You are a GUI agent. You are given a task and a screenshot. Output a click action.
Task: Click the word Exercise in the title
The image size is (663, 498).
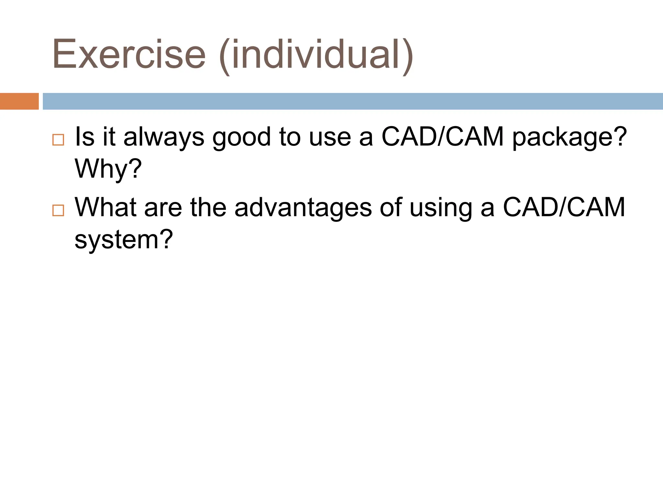click(x=129, y=54)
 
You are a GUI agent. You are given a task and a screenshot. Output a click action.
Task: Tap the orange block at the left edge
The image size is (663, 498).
click(x=19, y=101)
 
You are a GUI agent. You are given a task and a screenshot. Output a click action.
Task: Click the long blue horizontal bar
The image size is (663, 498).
click(x=352, y=101)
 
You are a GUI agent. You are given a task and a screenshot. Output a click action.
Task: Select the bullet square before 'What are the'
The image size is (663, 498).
click(x=58, y=210)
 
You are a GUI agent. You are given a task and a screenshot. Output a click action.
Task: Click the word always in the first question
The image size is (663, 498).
click(x=164, y=137)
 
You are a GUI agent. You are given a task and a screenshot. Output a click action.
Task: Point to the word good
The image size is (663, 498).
click(x=241, y=137)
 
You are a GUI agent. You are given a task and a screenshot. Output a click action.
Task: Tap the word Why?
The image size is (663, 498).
click(x=108, y=169)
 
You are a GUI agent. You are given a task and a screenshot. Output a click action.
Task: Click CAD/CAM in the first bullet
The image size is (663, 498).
click(x=442, y=137)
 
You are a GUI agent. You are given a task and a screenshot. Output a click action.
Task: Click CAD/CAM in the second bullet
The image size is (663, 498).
click(x=564, y=207)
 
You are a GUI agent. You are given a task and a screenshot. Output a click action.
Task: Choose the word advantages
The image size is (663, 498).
click(x=303, y=207)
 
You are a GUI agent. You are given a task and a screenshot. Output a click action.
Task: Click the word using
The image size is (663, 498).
click(x=441, y=207)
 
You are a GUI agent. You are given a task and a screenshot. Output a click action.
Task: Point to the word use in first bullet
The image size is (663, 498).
click(x=330, y=137)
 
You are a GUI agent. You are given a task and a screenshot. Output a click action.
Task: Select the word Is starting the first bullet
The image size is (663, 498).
click(x=84, y=137)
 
